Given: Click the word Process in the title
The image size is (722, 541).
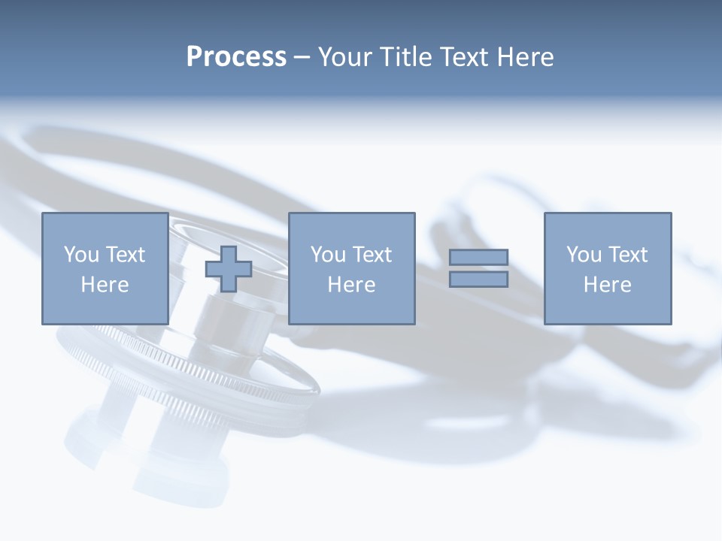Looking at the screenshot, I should click(x=236, y=57).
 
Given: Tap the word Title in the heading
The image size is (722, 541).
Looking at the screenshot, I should click(x=406, y=57).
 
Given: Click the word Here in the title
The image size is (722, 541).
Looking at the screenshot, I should click(x=526, y=57).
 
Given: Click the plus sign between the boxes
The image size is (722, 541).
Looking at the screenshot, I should click(x=229, y=269).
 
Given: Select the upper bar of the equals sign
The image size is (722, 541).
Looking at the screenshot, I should click(x=478, y=258).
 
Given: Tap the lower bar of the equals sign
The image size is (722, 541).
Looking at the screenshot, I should click(x=478, y=280).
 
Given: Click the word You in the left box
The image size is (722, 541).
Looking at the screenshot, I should click(x=81, y=255).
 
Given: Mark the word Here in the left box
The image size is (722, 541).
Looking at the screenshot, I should click(x=105, y=285).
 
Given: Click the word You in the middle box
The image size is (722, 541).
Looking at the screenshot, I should click(x=328, y=255).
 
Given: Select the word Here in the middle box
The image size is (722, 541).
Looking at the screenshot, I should click(x=351, y=285).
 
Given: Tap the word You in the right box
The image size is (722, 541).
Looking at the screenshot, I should click(x=584, y=255).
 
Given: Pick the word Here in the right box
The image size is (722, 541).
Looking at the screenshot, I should click(x=607, y=285).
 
